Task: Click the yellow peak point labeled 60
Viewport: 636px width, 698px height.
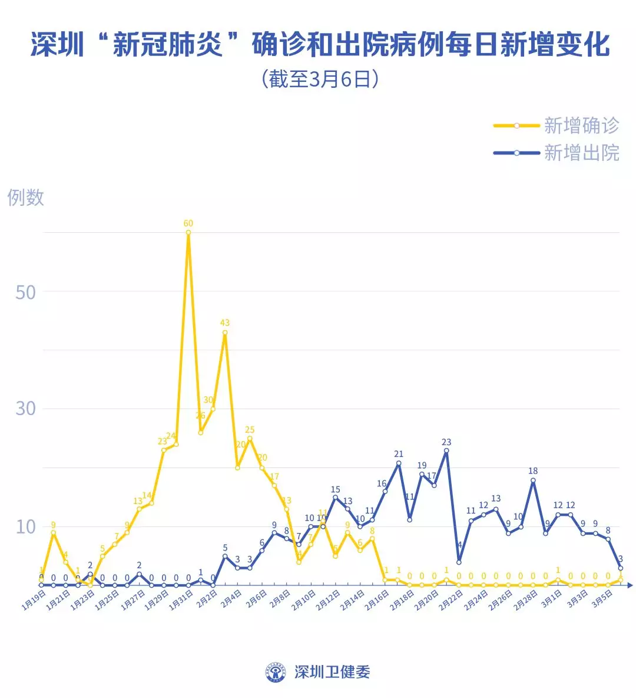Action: [x=188, y=232]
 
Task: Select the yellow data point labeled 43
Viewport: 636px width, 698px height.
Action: [x=225, y=332]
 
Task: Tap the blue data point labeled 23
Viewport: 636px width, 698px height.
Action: [x=446, y=451]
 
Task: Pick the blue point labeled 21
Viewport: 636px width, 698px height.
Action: [x=399, y=463]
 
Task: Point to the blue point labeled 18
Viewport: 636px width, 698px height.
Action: [x=533, y=480]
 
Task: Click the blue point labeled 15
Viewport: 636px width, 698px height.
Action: [x=336, y=498]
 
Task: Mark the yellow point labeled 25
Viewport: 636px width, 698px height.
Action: [x=250, y=439]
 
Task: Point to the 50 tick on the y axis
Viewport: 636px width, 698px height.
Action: [x=25, y=292]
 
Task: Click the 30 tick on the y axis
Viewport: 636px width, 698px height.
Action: [x=25, y=409]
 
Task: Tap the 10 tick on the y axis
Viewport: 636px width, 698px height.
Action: [x=25, y=526]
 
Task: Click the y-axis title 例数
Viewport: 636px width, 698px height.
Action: [x=26, y=197]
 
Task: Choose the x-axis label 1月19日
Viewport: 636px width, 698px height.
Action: [x=34, y=601]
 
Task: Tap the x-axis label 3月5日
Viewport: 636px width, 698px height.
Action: [x=602, y=600]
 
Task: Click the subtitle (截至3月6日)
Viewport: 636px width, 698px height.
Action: [x=319, y=79]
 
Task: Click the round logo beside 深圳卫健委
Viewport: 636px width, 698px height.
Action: [x=276, y=672]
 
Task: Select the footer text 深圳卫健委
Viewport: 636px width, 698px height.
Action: [x=332, y=672]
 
